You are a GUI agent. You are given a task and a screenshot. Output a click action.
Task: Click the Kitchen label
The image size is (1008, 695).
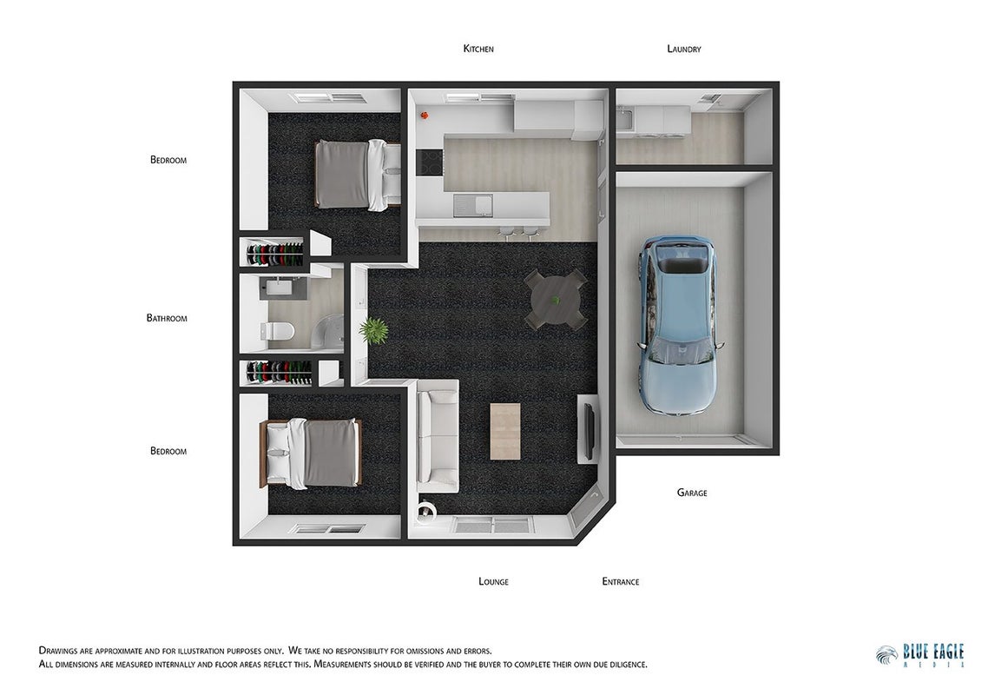pyautogui.click(x=478, y=49)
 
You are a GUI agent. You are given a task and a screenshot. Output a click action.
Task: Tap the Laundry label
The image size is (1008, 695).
pyautogui.click(x=684, y=49)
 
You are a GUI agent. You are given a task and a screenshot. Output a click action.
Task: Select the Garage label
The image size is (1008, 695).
pyautogui.click(x=692, y=493)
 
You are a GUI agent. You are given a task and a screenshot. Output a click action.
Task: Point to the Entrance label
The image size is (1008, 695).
pyautogui.click(x=621, y=581)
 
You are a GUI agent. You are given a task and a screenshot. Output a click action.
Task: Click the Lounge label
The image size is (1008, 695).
pyautogui.click(x=493, y=581)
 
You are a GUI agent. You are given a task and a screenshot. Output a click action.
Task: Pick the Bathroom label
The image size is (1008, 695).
pyautogui.click(x=167, y=318)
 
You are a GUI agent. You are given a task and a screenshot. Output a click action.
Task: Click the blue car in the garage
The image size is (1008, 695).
pyautogui.click(x=677, y=324)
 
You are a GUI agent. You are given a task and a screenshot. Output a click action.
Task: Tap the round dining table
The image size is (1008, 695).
pyautogui.click(x=556, y=300)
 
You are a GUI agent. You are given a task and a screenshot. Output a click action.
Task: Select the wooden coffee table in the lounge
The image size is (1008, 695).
pyautogui.click(x=505, y=431)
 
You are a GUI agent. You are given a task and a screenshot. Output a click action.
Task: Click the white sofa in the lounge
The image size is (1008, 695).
pyautogui.click(x=438, y=435)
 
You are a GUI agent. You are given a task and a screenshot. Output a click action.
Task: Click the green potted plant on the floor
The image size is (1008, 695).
pyautogui.click(x=372, y=331)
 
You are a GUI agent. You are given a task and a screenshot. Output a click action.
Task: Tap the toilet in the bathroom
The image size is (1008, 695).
pyautogui.click(x=277, y=331)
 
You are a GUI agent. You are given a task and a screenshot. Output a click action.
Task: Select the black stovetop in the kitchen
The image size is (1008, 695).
pyautogui.click(x=430, y=162)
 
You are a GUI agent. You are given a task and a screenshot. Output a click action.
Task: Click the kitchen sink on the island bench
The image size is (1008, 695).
pyautogui.click(x=472, y=205)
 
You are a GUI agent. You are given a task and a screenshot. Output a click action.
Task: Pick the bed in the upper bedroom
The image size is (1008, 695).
pyautogui.click(x=358, y=175)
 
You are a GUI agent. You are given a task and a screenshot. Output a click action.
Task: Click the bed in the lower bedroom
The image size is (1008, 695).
pyautogui.click(x=310, y=453)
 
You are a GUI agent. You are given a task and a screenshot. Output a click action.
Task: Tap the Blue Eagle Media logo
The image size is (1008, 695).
pyautogui.click(x=920, y=655)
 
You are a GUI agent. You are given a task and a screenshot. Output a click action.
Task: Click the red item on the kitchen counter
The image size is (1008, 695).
pyautogui.click(x=425, y=116)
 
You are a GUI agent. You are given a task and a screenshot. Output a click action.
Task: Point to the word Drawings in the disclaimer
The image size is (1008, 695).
pyautogui.click(x=58, y=651)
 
